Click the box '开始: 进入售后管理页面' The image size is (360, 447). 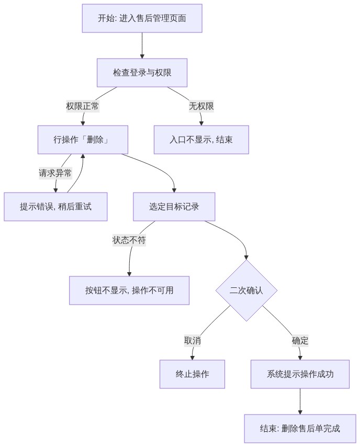[142, 18]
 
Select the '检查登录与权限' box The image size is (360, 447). [142, 73]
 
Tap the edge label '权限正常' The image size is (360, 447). [83, 106]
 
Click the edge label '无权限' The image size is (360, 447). [201, 106]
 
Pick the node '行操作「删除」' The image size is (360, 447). [83, 140]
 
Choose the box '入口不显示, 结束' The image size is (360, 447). [201, 140]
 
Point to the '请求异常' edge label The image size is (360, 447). [55, 173]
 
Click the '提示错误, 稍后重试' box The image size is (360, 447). [55, 207]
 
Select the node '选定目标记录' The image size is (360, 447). [174, 207]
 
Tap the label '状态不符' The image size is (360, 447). [129, 240]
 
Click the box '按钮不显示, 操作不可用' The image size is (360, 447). [129, 290]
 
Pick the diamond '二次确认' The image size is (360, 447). [246, 290]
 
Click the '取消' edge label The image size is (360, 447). [193, 341]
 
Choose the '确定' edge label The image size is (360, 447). [300, 341]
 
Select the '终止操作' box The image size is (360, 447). [192, 374]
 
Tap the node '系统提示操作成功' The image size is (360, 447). [300, 374]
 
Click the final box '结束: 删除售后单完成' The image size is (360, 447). [300, 429]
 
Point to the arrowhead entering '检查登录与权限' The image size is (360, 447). [142, 57]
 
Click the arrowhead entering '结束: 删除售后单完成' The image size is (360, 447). [300, 412]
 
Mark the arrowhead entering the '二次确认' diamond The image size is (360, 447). [246, 258]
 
